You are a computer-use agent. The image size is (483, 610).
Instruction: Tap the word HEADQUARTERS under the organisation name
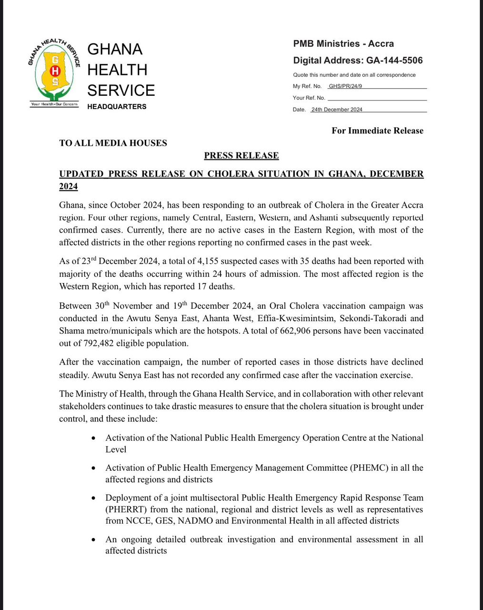coord(117,107)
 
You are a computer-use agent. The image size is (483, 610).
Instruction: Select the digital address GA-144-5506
coord(394,61)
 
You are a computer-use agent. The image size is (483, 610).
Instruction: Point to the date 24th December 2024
coord(337,110)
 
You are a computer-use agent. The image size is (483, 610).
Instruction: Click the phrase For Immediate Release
coord(377,131)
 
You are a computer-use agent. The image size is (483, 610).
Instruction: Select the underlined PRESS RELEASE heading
coord(241,156)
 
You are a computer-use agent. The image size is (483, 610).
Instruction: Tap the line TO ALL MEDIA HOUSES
coord(113,143)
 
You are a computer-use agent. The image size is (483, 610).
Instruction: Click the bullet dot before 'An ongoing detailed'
coord(95,540)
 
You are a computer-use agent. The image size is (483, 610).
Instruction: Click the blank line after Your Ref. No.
coord(377,99)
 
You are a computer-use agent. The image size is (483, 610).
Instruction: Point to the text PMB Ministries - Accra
coord(343,44)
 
